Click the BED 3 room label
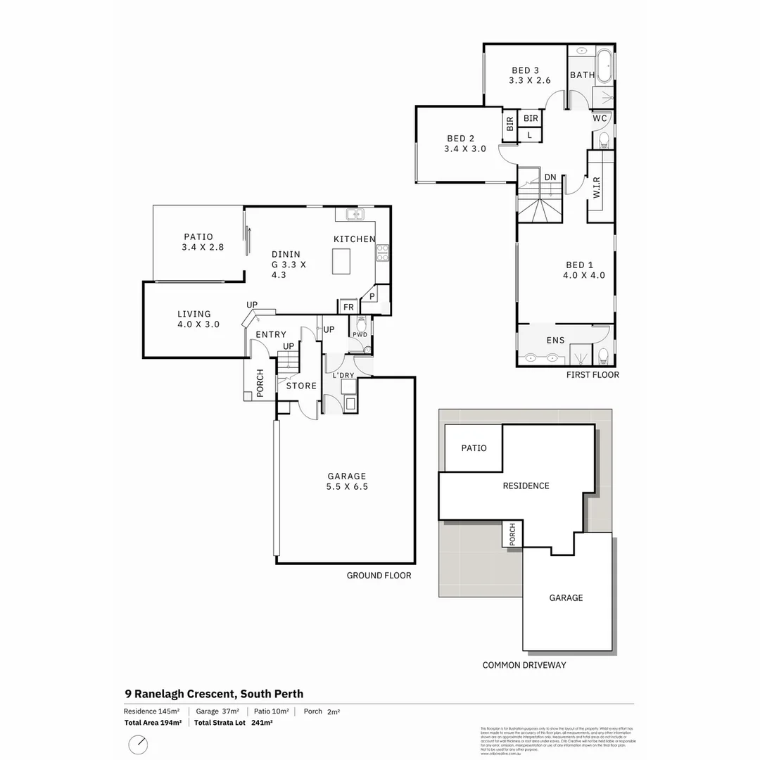point(526,70)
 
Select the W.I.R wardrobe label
point(597,187)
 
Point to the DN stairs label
point(550,178)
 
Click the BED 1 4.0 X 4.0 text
point(583,270)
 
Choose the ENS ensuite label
point(555,341)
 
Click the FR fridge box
point(348,307)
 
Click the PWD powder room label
point(360,334)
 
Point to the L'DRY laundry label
point(343,375)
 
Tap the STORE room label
point(301,386)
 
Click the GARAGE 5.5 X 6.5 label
point(346,481)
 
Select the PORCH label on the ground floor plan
point(260,384)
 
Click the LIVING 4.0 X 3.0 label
point(198,319)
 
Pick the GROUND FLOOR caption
point(379,575)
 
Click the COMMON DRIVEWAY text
point(524,665)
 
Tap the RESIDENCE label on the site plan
point(526,486)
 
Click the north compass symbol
point(139,745)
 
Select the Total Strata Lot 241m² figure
point(233,722)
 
